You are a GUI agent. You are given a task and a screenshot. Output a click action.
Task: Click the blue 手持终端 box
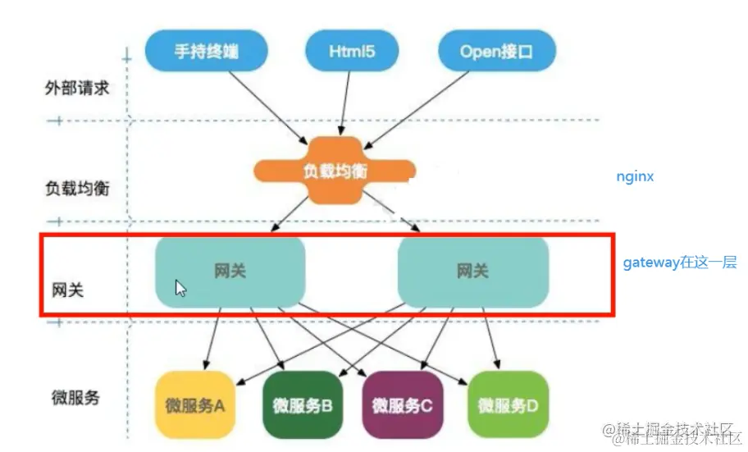pos(207,51)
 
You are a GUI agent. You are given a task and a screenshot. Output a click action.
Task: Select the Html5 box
pos(352,51)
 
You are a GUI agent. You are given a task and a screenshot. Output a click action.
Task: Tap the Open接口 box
pos(495,51)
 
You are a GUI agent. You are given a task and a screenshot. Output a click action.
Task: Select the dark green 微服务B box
pos(302,404)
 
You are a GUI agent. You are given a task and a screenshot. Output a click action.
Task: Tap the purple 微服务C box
pos(402,404)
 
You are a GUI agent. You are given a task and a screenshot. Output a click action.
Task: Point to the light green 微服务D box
pos(507,404)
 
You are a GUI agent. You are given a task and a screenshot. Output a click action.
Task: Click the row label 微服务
pos(75,398)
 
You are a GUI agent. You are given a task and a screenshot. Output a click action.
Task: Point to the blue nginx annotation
pos(635,176)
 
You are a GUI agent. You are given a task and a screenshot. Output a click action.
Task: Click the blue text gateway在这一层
pos(680,263)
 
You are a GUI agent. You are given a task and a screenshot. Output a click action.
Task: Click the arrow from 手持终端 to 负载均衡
pos(267,103)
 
